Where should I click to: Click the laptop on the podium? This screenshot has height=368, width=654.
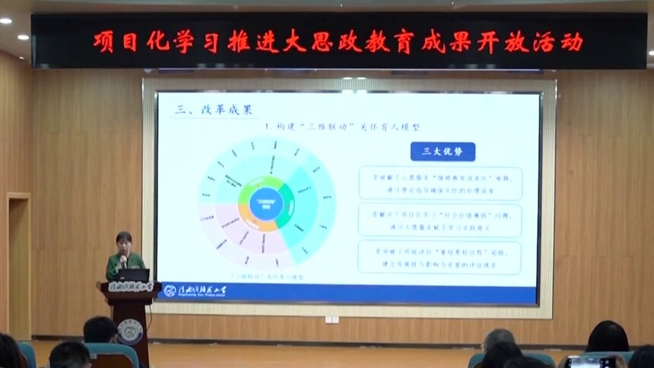click(134, 275)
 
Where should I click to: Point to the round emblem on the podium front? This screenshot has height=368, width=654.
click(129, 331)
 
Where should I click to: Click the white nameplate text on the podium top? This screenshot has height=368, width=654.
click(129, 287)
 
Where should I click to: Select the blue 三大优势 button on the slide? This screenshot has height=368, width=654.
click(442, 151)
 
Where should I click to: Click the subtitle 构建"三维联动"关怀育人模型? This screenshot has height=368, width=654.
click(341, 126)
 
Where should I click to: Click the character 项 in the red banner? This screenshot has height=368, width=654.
click(105, 41)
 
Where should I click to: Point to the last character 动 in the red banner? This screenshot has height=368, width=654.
click(571, 41)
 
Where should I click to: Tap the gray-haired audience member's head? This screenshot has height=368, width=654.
click(498, 339)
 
